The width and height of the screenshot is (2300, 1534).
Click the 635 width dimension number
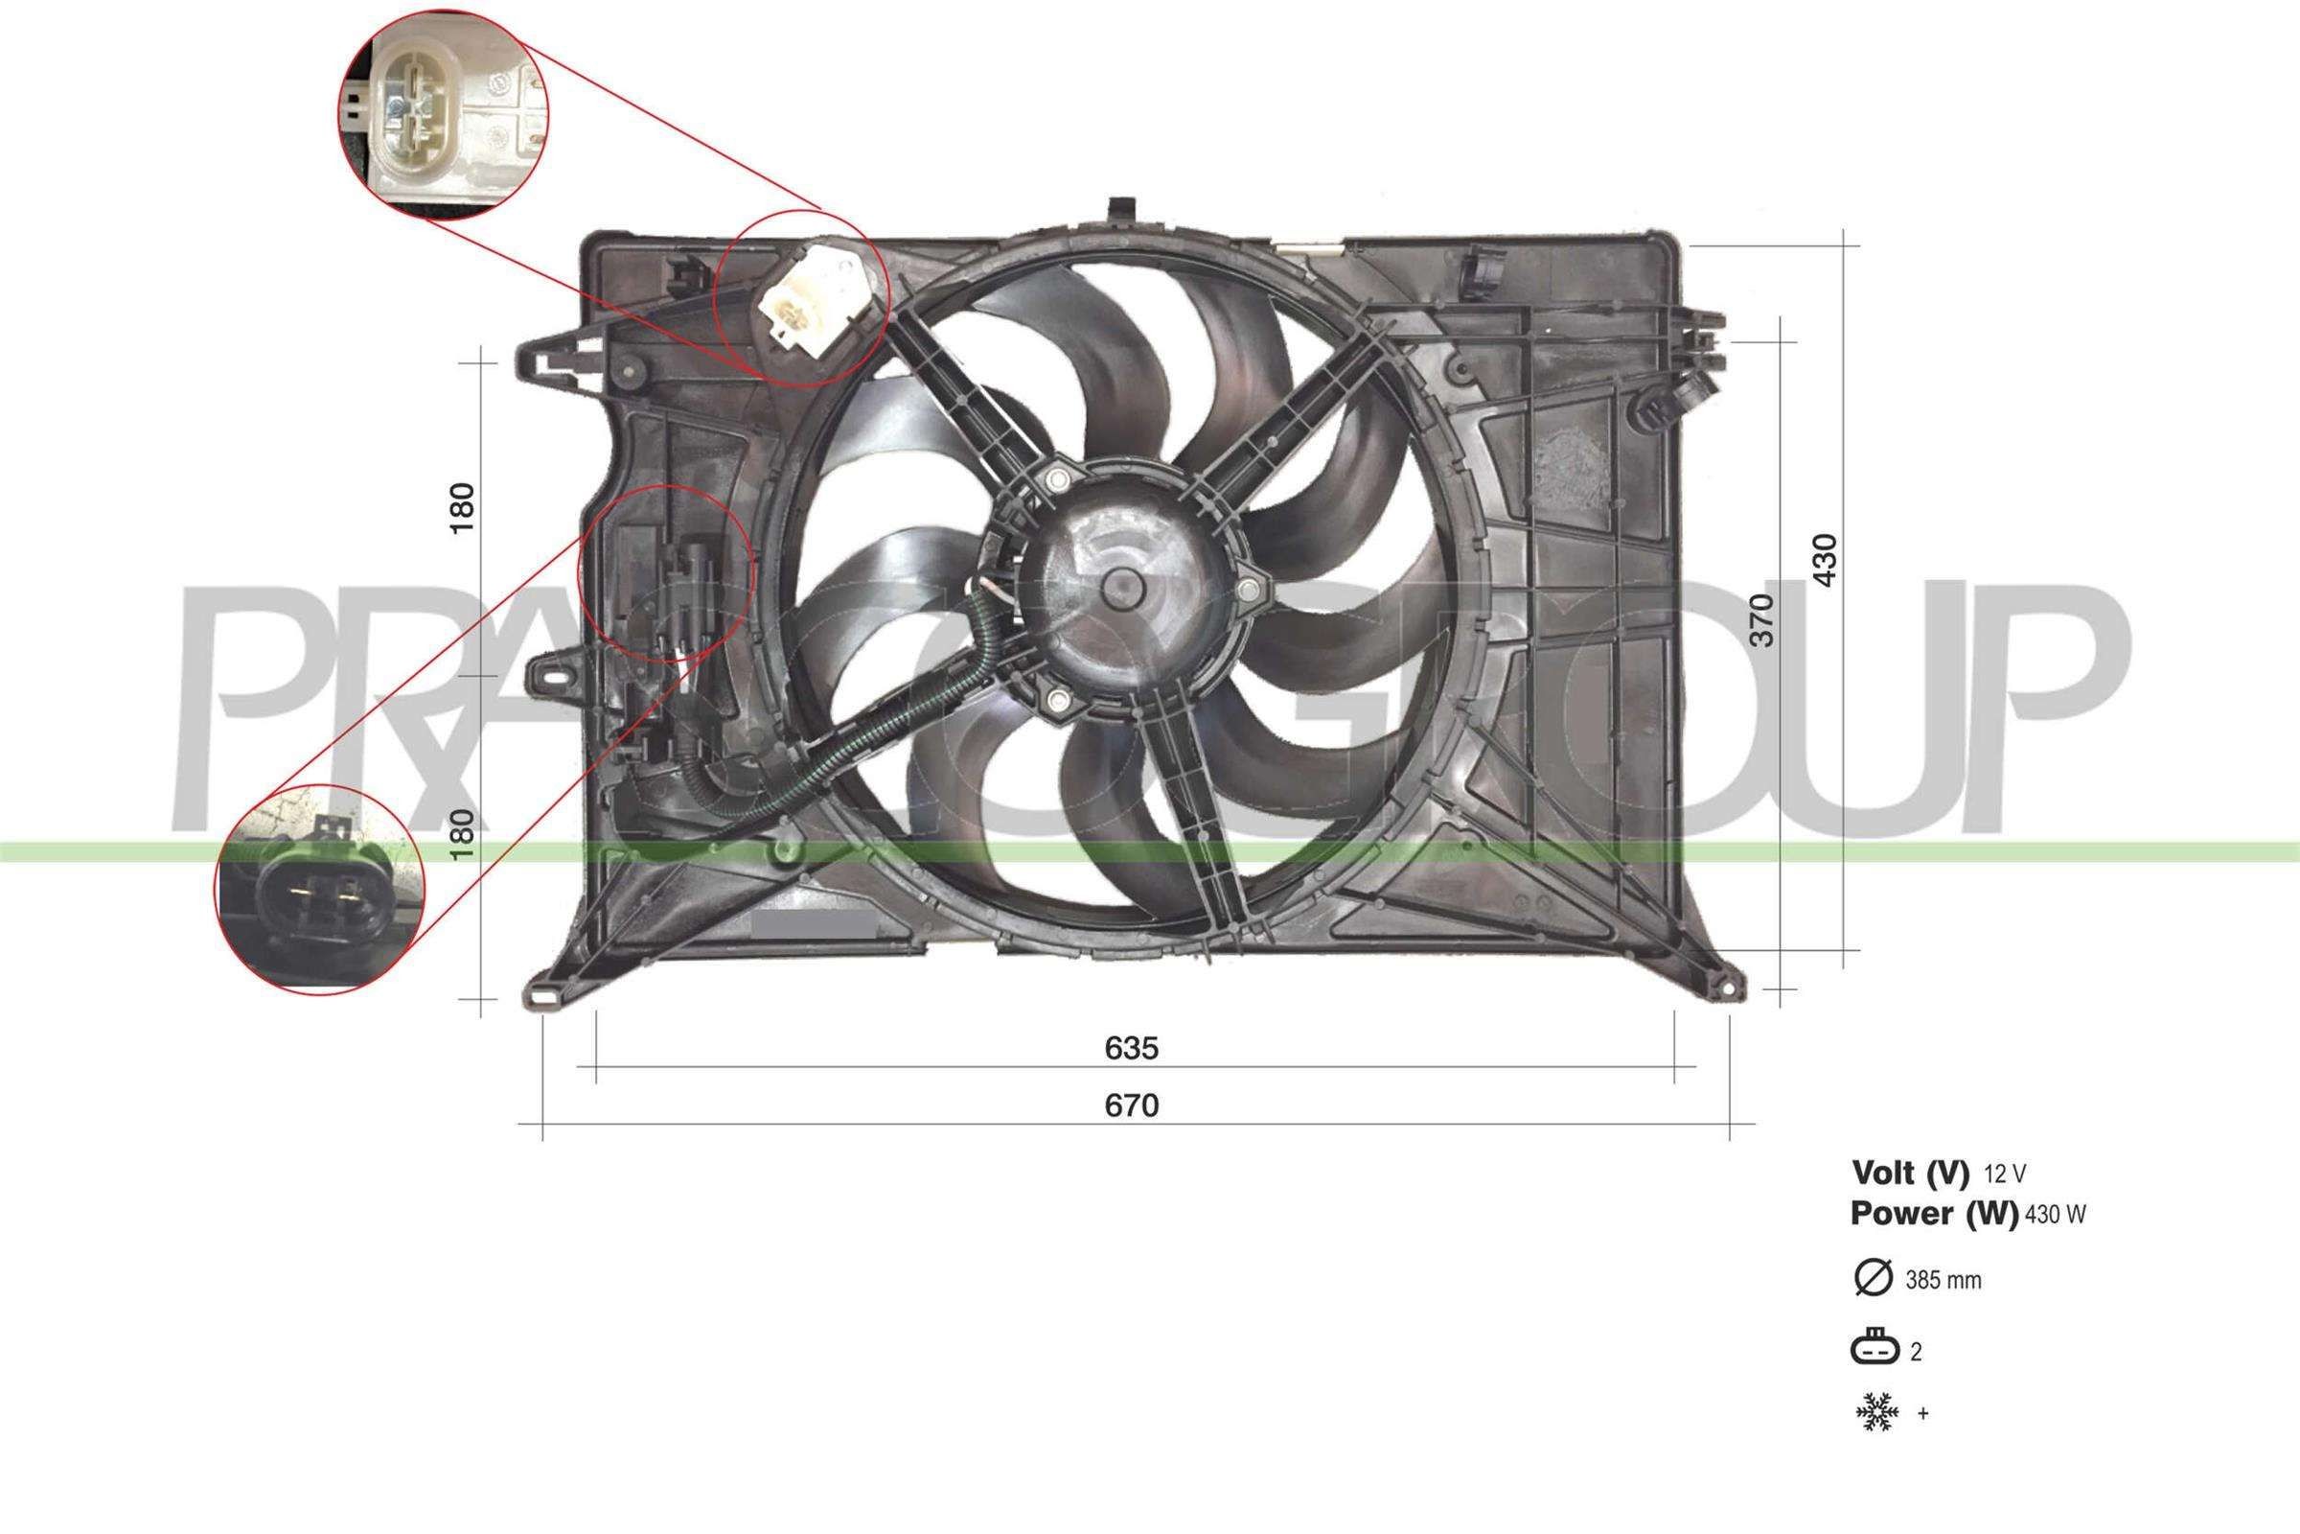(x=1132, y=1049)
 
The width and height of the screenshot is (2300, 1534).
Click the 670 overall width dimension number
(x=1132, y=1105)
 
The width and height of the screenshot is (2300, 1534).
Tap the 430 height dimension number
(x=1825, y=560)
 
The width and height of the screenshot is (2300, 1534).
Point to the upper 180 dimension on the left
(x=462, y=508)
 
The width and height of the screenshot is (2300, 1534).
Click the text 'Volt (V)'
(x=1910, y=1172)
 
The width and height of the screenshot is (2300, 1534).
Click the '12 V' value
(x=2005, y=1174)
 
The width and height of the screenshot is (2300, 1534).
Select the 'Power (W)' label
(x=1933, y=1213)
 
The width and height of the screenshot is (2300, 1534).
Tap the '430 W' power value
(x=2055, y=1215)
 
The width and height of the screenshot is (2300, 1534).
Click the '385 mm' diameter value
(x=1943, y=1281)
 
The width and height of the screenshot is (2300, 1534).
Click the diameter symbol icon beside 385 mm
(x=1874, y=1279)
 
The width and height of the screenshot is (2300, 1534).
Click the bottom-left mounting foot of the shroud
(x=542, y=997)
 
